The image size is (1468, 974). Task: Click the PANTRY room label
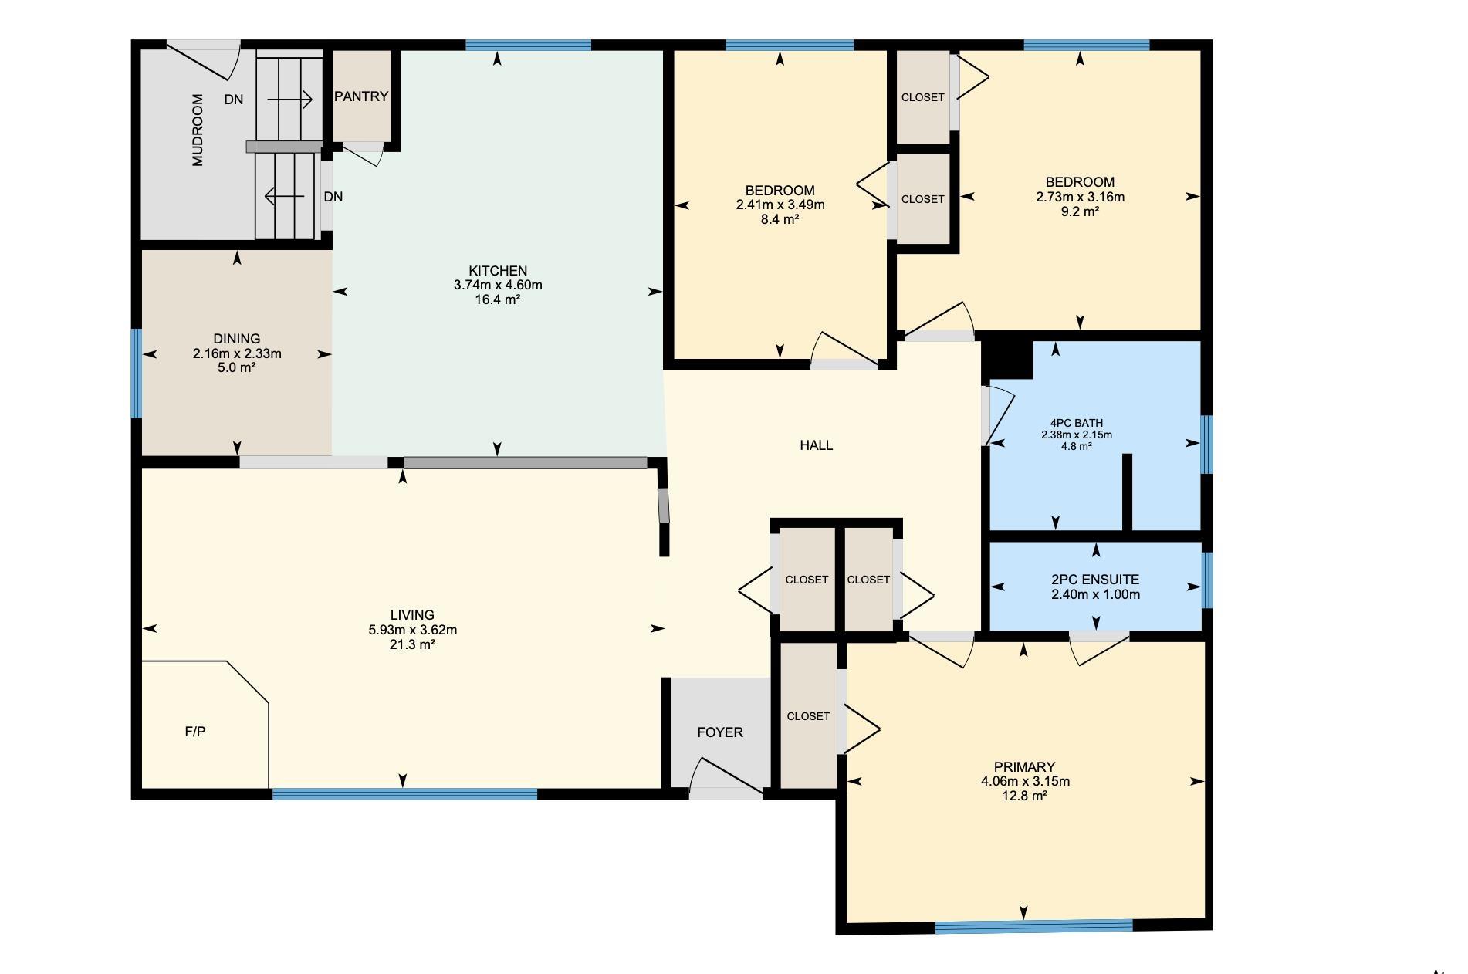[361, 96]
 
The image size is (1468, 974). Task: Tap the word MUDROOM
[198, 130]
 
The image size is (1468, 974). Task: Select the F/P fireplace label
[195, 732]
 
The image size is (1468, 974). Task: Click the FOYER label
[720, 732]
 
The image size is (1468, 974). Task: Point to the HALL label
[817, 445]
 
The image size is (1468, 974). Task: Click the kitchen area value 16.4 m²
[498, 299]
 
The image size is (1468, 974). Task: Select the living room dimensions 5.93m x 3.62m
[413, 630]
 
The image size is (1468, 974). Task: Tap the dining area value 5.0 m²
[237, 367]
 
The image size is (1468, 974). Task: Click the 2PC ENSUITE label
[1095, 580]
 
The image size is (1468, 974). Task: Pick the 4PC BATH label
[1077, 423]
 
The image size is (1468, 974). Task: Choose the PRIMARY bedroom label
[1025, 767]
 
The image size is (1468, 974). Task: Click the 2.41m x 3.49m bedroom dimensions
[780, 205]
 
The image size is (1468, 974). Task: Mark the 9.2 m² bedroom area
[1081, 211]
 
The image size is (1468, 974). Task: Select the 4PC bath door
[997, 415]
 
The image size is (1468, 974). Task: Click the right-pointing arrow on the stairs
[289, 100]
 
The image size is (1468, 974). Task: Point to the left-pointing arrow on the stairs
[284, 197]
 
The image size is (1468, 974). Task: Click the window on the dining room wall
[137, 374]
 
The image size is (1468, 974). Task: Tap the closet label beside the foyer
[808, 716]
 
